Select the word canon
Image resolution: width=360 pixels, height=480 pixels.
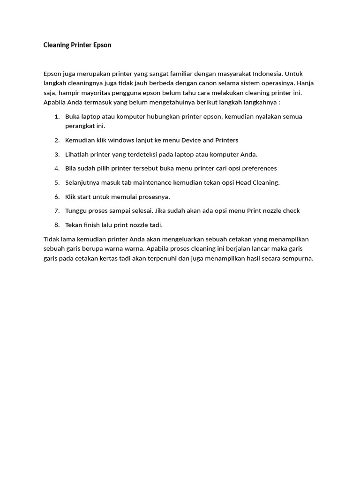click(x=206, y=83)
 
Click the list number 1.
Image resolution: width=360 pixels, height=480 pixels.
click(x=57, y=116)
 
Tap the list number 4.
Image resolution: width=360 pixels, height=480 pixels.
click(x=57, y=168)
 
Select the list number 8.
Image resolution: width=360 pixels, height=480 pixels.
click(x=57, y=225)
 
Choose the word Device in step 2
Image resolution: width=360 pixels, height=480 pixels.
click(x=191, y=140)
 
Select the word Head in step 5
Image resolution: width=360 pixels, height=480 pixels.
click(x=244, y=182)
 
